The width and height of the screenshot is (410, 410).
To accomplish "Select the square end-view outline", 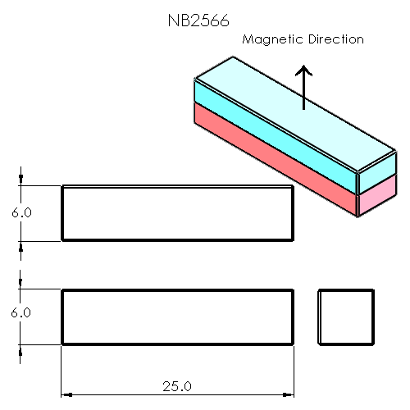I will tap(345, 316).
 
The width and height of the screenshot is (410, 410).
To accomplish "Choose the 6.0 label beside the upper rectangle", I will tap(21, 212).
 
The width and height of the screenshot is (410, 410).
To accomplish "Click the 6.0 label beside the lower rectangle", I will tap(21, 312).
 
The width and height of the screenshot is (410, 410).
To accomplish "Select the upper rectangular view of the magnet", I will tap(177, 213).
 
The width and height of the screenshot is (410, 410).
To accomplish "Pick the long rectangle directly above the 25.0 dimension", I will tap(177, 316).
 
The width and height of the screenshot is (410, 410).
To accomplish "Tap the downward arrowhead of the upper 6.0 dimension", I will tap(21, 181).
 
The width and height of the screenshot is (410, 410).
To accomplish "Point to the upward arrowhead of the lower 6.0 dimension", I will tap(21, 348).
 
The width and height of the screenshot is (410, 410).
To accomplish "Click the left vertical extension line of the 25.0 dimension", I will tap(61, 369).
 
